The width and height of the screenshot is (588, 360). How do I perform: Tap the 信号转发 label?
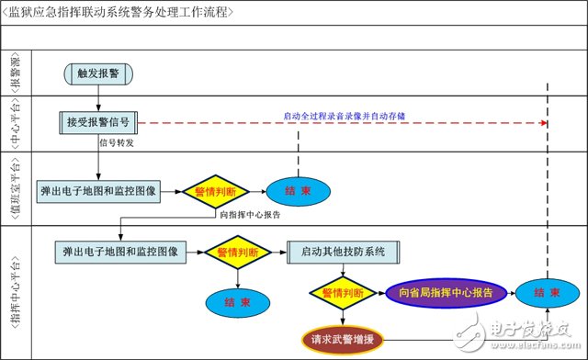coord(116,142)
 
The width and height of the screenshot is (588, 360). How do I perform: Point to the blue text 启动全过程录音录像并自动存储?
coord(345,116)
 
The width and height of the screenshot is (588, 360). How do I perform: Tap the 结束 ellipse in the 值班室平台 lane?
coord(297,192)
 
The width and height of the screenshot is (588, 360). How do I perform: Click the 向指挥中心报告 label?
coord(252,214)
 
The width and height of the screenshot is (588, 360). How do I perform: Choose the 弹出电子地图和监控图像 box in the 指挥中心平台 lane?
coord(120,250)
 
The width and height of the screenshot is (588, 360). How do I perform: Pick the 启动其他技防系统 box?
coord(343,251)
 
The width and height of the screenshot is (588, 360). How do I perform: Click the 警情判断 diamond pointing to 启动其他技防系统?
coord(237,251)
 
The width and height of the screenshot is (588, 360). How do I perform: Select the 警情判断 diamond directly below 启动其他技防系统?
coord(342,293)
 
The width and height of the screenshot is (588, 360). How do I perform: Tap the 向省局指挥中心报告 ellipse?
coord(446,293)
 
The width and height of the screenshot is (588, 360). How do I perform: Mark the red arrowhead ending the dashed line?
coord(544,122)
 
